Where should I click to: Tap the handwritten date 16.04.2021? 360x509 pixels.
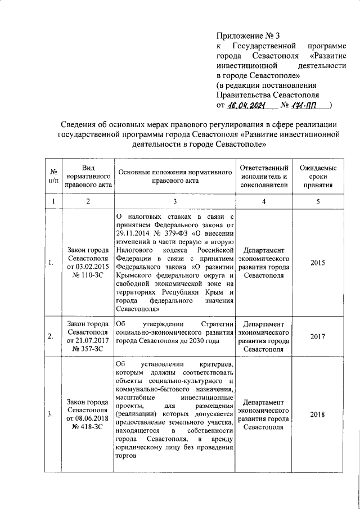[250, 105]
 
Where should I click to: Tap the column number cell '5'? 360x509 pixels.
[318, 201]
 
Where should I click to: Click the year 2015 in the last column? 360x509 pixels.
[318, 263]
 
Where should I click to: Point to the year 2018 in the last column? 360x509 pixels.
[318, 415]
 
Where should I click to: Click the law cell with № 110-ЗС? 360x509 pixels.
[87, 263]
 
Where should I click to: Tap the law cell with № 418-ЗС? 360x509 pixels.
[87, 415]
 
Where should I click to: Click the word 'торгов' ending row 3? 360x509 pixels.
[126, 457]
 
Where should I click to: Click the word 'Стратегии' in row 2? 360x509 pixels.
[217, 324]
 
